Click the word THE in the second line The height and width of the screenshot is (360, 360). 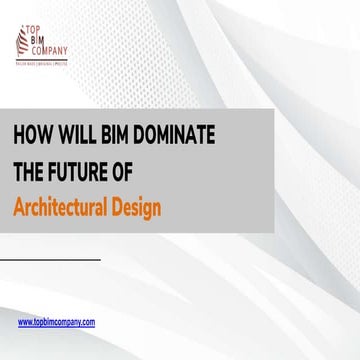pos(30,172)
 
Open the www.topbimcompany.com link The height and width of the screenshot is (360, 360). pos(57,322)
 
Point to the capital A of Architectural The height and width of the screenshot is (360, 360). pos(19,207)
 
